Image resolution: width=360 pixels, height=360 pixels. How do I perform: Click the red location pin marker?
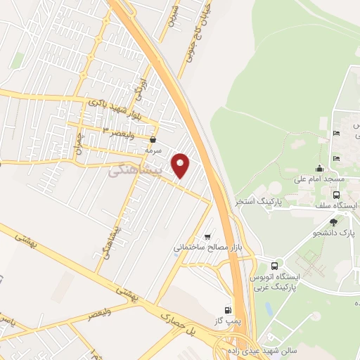point(181,165)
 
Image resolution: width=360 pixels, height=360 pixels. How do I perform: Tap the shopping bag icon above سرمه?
point(153,140)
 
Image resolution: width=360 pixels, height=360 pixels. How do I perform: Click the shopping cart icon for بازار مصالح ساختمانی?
point(207,236)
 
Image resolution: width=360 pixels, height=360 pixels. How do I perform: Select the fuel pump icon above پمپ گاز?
point(227,310)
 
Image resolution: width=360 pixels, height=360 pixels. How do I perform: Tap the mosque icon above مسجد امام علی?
point(320,168)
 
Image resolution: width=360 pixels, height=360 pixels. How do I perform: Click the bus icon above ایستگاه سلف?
point(336,195)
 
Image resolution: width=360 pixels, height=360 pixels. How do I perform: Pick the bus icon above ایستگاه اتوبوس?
point(274,266)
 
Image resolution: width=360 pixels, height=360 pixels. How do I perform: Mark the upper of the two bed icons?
point(337,133)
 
